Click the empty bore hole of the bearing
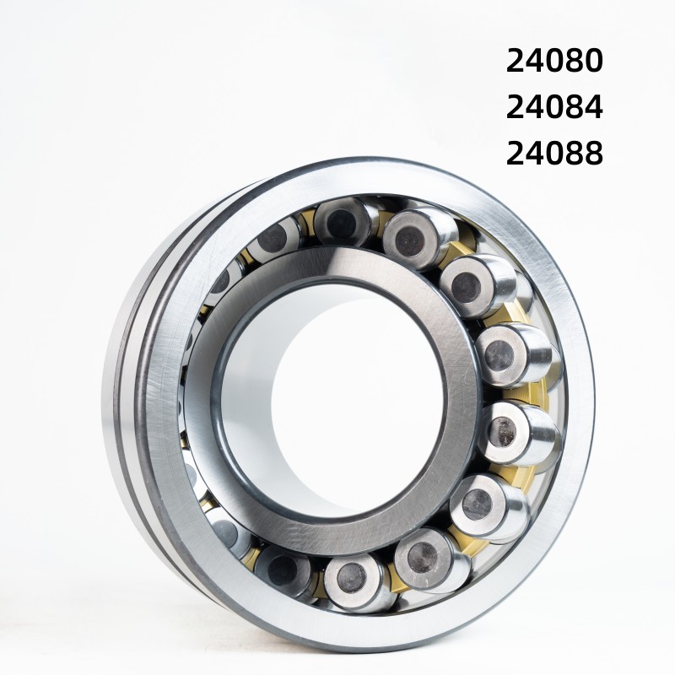coord(337,397)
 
